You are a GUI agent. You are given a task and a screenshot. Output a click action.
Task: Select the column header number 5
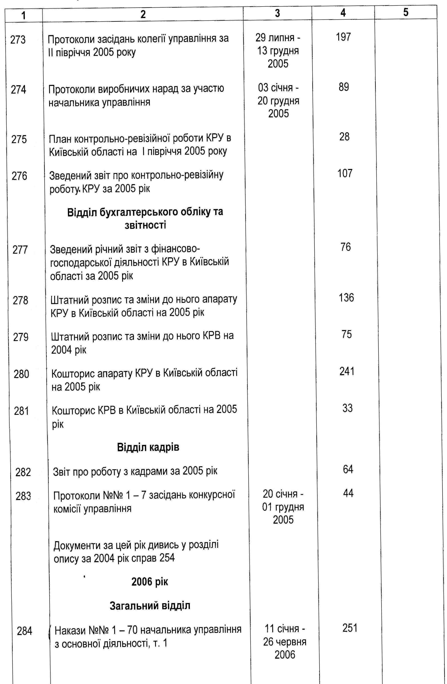coord(405,13)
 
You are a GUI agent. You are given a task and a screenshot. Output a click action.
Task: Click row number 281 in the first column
coord(21,411)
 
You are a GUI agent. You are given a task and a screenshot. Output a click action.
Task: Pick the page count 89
coord(344,87)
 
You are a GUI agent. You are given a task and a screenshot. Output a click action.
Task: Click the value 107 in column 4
coord(345,173)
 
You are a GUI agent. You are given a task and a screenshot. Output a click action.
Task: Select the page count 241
coord(347,371)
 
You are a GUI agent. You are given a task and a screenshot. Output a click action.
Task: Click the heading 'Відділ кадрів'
coord(148,447)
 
